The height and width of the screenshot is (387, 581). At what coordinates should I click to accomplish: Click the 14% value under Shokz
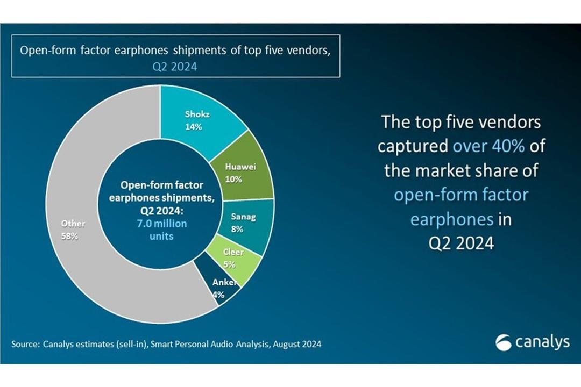(194, 127)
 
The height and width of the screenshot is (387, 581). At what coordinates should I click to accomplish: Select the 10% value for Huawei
(233, 179)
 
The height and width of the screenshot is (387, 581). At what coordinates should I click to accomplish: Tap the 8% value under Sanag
(237, 229)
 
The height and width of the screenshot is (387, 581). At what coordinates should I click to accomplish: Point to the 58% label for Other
(69, 236)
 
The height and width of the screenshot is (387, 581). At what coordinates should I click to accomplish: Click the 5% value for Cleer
(229, 264)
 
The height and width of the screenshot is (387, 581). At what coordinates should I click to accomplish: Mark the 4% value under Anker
(218, 295)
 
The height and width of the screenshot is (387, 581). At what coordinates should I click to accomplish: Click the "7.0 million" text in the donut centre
(162, 224)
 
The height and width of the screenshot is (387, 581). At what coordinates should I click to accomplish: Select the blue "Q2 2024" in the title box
(175, 67)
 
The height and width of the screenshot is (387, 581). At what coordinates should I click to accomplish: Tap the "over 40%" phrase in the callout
(488, 146)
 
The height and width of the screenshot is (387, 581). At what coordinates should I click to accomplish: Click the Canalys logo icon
(503, 342)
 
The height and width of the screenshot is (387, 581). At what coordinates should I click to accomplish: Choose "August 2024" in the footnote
(297, 344)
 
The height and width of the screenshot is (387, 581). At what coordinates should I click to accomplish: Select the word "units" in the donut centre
(161, 236)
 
